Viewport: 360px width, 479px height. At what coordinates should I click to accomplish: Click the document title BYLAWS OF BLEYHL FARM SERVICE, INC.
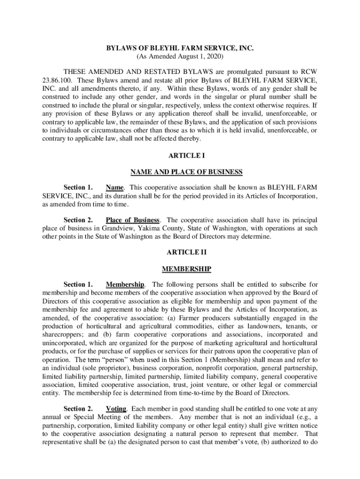[x=180, y=48]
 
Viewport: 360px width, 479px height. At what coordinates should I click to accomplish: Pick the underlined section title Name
[x=115, y=188]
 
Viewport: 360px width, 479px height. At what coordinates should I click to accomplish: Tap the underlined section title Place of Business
[x=133, y=220]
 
